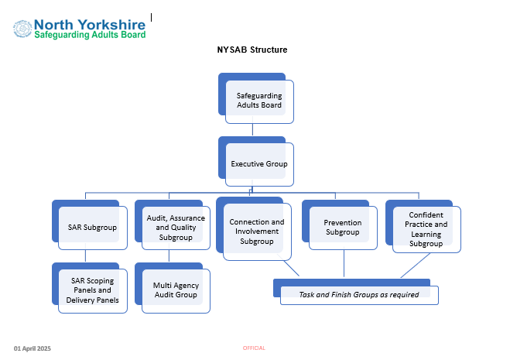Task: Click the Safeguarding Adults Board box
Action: coord(256,98)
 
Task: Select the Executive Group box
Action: coord(256,162)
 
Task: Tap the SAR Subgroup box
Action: coord(90,225)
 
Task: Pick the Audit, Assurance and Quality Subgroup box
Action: coord(173,225)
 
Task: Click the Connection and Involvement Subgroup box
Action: coord(254,229)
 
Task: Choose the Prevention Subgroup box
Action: coord(340,225)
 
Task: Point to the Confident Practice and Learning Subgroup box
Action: coord(423,227)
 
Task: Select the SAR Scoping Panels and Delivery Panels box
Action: coord(90,288)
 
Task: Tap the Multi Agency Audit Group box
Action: coord(173,288)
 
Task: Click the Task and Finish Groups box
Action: coord(356,292)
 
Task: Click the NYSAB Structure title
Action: coord(252,50)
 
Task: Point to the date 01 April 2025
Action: coord(33,348)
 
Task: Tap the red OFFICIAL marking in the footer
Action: coord(254,348)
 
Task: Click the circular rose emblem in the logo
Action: coord(22,29)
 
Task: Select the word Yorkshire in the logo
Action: coord(112,25)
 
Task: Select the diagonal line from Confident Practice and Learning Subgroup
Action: coord(416,266)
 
